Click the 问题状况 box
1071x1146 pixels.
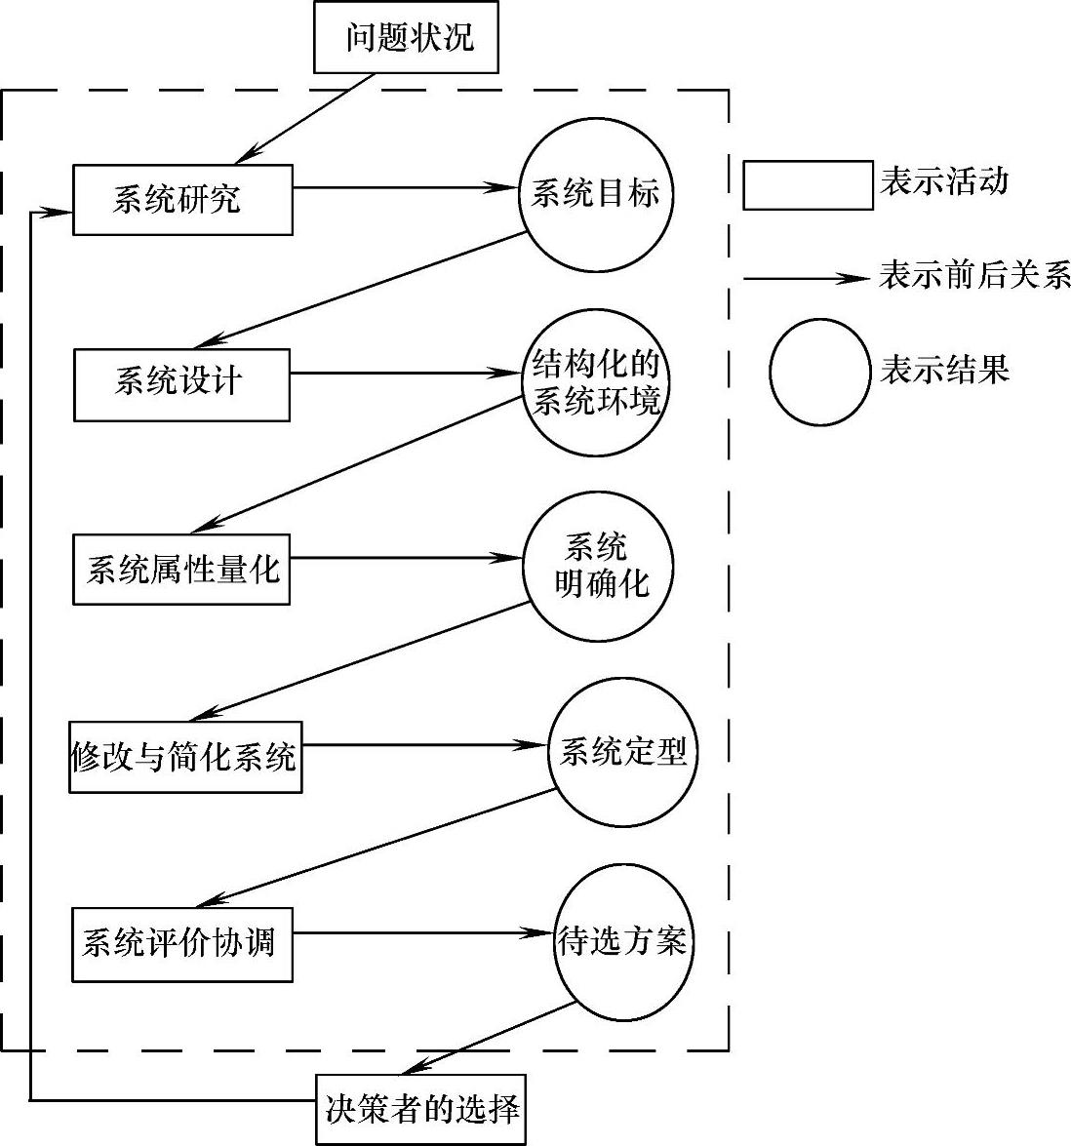tap(406, 38)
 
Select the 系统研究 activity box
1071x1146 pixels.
tap(182, 199)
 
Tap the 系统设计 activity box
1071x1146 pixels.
tap(181, 384)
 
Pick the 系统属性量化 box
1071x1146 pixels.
tap(181, 569)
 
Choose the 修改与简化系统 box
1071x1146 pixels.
tap(185, 756)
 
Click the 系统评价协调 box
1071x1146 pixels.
tap(182, 943)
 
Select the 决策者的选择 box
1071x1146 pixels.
tap(420, 1109)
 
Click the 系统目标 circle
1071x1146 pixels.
tap(596, 194)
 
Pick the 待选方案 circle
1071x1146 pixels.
tap(624, 941)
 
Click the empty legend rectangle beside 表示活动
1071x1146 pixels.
tap(808, 184)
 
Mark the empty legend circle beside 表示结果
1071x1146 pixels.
tap(819, 372)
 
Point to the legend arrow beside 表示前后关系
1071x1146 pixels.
tap(806, 279)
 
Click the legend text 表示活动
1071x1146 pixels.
tap(944, 181)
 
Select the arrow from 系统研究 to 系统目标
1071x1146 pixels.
tap(405, 187)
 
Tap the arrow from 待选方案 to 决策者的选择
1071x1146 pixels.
tap(488, 1039)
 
